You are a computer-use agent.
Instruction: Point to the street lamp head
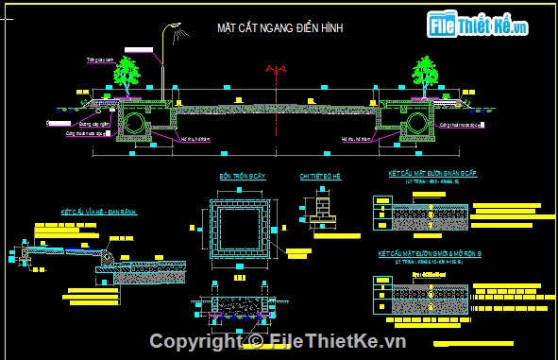174,29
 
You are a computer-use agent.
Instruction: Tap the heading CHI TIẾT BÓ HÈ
319,177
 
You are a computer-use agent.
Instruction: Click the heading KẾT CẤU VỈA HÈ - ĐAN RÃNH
98,213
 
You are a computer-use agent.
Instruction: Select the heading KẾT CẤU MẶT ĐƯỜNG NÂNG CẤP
431,175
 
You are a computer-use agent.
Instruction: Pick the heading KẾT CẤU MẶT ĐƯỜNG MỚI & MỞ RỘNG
435,254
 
